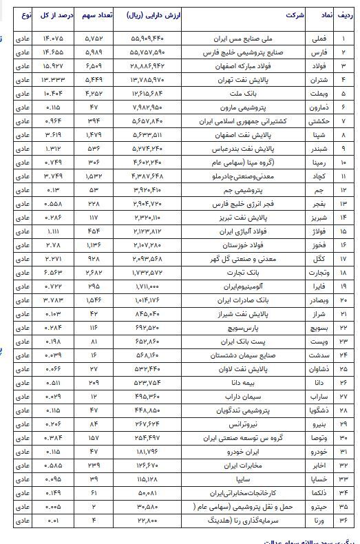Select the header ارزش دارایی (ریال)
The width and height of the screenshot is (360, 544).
[x=153, y=14]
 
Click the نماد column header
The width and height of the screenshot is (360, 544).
[x=328, y=14]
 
